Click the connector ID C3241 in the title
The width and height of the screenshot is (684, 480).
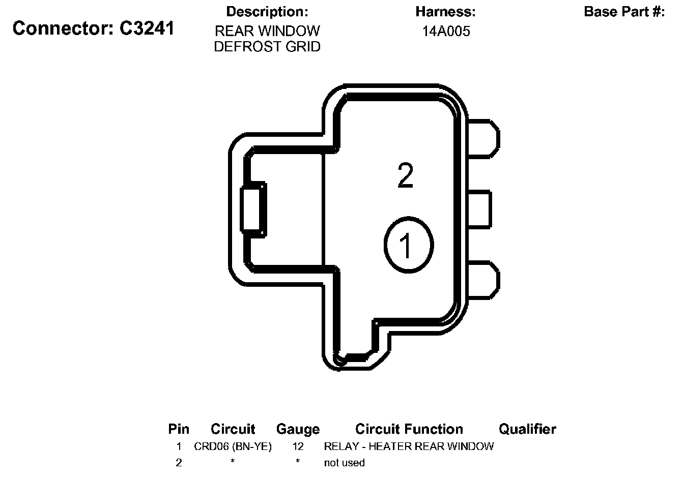(x=147, y=28)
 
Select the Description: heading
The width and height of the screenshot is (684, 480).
(x=267, y=12)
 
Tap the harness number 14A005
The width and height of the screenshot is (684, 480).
(x=446, y=32)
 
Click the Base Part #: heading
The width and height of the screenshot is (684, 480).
(x=624, y=12)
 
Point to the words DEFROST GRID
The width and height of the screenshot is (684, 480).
(x=267, y=47)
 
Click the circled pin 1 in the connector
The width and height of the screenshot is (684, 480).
(x=408, y=245)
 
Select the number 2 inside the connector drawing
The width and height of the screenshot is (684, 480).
(x=405, y=176)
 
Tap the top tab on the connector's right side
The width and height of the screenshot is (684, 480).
(x=482, y=138)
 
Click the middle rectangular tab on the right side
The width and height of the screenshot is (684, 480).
(x=478, y=209)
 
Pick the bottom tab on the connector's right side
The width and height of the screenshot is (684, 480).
(x=482, y=280)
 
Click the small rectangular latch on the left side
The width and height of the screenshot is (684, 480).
(x=253, y=209)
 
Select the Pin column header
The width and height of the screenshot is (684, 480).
(x=179, y=429)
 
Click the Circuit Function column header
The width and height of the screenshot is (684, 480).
(x=409, y=429)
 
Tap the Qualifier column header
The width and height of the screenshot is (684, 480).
(x=527, y=429)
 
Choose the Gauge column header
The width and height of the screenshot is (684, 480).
(x=298, y=429)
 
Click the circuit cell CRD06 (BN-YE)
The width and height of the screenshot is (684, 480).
(x=233, y=446)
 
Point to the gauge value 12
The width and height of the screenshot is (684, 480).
(x=298, y=446)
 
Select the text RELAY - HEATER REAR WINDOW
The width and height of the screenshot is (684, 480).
(x=409, y=446)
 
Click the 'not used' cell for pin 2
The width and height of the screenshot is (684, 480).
(x=344, y=463)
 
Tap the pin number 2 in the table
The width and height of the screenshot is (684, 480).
(x=179, y=463)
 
